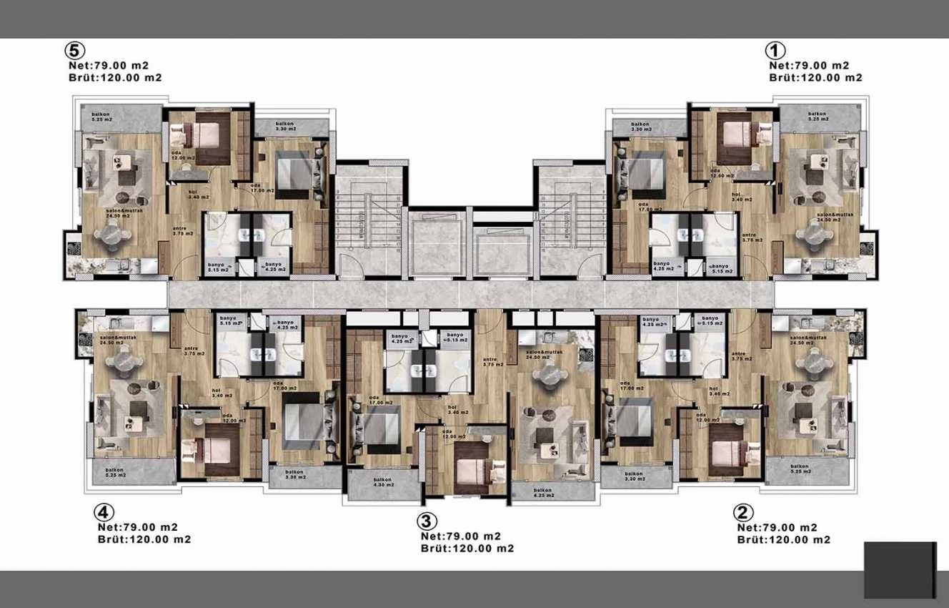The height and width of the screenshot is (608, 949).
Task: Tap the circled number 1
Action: tap(775, 51)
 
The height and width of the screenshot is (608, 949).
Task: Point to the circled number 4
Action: tap(104, 513)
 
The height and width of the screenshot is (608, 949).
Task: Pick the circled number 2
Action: tap(743, 513)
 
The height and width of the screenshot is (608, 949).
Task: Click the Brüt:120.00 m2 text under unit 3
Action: tap(467, 549)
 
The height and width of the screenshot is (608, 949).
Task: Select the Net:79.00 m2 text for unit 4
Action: tap(138, 527)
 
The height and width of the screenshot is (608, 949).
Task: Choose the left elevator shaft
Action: tap(437, 243)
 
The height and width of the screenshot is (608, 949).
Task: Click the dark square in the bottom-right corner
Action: tap(900, 569)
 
